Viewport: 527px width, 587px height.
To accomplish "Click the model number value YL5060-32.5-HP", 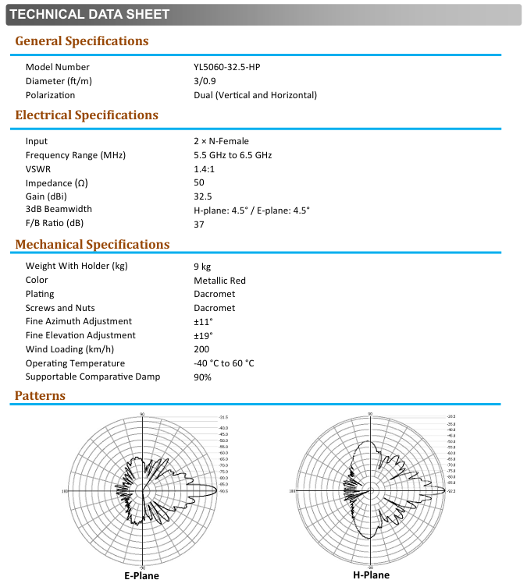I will click(226, 67).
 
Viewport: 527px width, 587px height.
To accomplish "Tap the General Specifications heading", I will click(81, 41).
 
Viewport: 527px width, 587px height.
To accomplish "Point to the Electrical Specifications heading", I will click(87, 115).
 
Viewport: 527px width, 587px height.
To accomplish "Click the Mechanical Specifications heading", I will click(92, 245).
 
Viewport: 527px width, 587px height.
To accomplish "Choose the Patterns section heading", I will click(41, 395).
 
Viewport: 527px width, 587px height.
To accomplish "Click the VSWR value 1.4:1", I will click(204, 169).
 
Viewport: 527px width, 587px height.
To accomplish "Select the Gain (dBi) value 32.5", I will click(203, 196).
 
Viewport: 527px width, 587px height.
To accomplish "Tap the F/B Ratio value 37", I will click(199, 225).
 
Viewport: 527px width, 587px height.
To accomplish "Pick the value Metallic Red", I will click(219, 281).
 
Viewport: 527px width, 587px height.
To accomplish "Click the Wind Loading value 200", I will click(201, 349).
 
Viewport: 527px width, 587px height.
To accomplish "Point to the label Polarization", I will click(51, 95).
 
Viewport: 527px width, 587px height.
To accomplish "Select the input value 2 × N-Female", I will click(221, 141).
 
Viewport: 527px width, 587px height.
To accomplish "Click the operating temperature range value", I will click(223, 363).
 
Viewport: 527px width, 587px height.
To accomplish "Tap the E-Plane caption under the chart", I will click(141, 576).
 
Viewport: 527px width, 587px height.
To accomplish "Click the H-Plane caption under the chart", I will click(371, 575).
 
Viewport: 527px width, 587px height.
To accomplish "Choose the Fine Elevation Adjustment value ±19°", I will click(203, 335).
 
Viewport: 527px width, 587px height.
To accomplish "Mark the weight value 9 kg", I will click(201, 267).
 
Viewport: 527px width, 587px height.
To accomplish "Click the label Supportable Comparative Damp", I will click(93, 377).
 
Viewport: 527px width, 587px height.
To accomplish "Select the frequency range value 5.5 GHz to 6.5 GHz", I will click(233, 155).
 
